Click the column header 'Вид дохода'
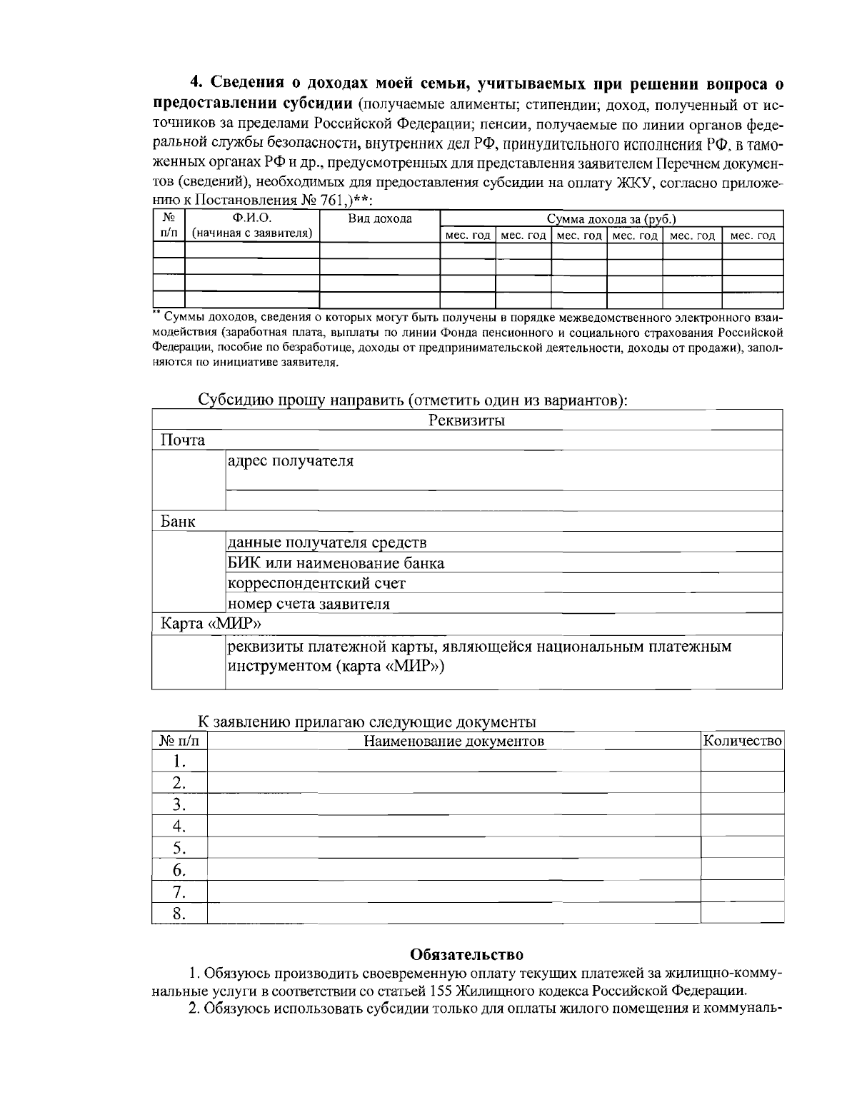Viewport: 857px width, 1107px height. (379, 219)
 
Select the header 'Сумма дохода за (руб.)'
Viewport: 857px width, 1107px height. (611, 219)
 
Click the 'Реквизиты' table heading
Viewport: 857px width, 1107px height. (467, 420)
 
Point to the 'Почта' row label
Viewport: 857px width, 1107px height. (183, 440)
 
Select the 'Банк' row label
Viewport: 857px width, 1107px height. (178, 522)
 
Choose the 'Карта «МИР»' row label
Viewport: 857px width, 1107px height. (210, 624)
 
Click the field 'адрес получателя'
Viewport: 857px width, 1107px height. (290, 461)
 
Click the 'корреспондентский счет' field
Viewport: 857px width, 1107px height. (316, 583)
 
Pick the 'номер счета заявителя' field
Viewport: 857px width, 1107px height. (309, 604)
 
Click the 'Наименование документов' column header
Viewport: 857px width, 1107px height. (454, 741)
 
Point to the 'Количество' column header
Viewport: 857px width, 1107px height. (743, 741)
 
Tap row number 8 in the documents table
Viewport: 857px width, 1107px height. (179, 913)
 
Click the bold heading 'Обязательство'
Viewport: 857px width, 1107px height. (467, 954)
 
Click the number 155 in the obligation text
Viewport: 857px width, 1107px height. (442, 991)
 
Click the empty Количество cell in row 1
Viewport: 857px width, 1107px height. (742, 761)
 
